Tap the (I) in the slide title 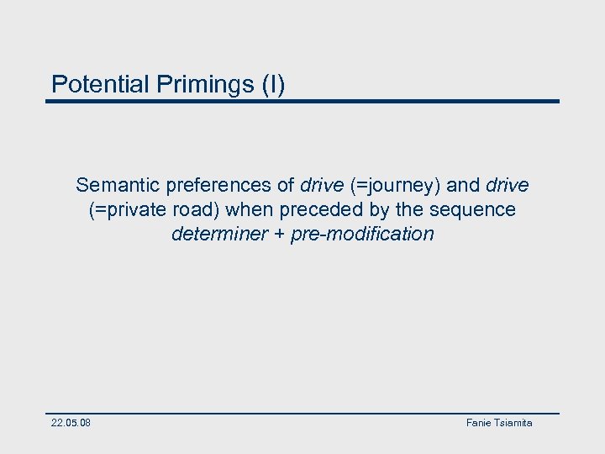click(273, 84)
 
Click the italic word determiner click(219, 234)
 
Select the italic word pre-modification click(362, 234)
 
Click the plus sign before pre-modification click(279, 235)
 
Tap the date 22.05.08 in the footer click(71, 423)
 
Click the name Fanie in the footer click(479, 423)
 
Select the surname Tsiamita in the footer click(513, 423)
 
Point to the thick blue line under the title click(302, 102)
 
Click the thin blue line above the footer click(302, 413)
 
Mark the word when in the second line click(245, 209)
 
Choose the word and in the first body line click(463, 184)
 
